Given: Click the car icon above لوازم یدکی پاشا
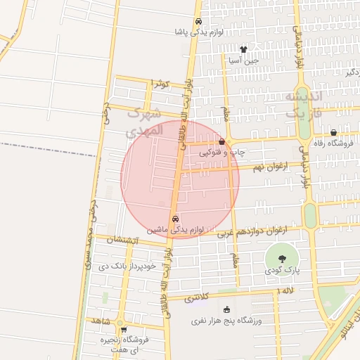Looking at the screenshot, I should (198, 21).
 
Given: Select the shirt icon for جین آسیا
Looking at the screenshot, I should (243, 49).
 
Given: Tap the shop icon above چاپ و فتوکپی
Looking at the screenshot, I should (221, 142).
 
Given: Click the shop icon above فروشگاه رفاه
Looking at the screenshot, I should (333, 133).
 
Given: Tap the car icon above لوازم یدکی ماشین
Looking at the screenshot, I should (175, 219).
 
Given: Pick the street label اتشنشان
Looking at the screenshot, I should (123, 240).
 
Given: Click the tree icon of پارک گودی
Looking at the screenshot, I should (283, 259).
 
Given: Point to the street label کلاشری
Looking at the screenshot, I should (197, 298).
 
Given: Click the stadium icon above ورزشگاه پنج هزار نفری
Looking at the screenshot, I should (226, 310).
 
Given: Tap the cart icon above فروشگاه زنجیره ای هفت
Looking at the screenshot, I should (124, 329).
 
